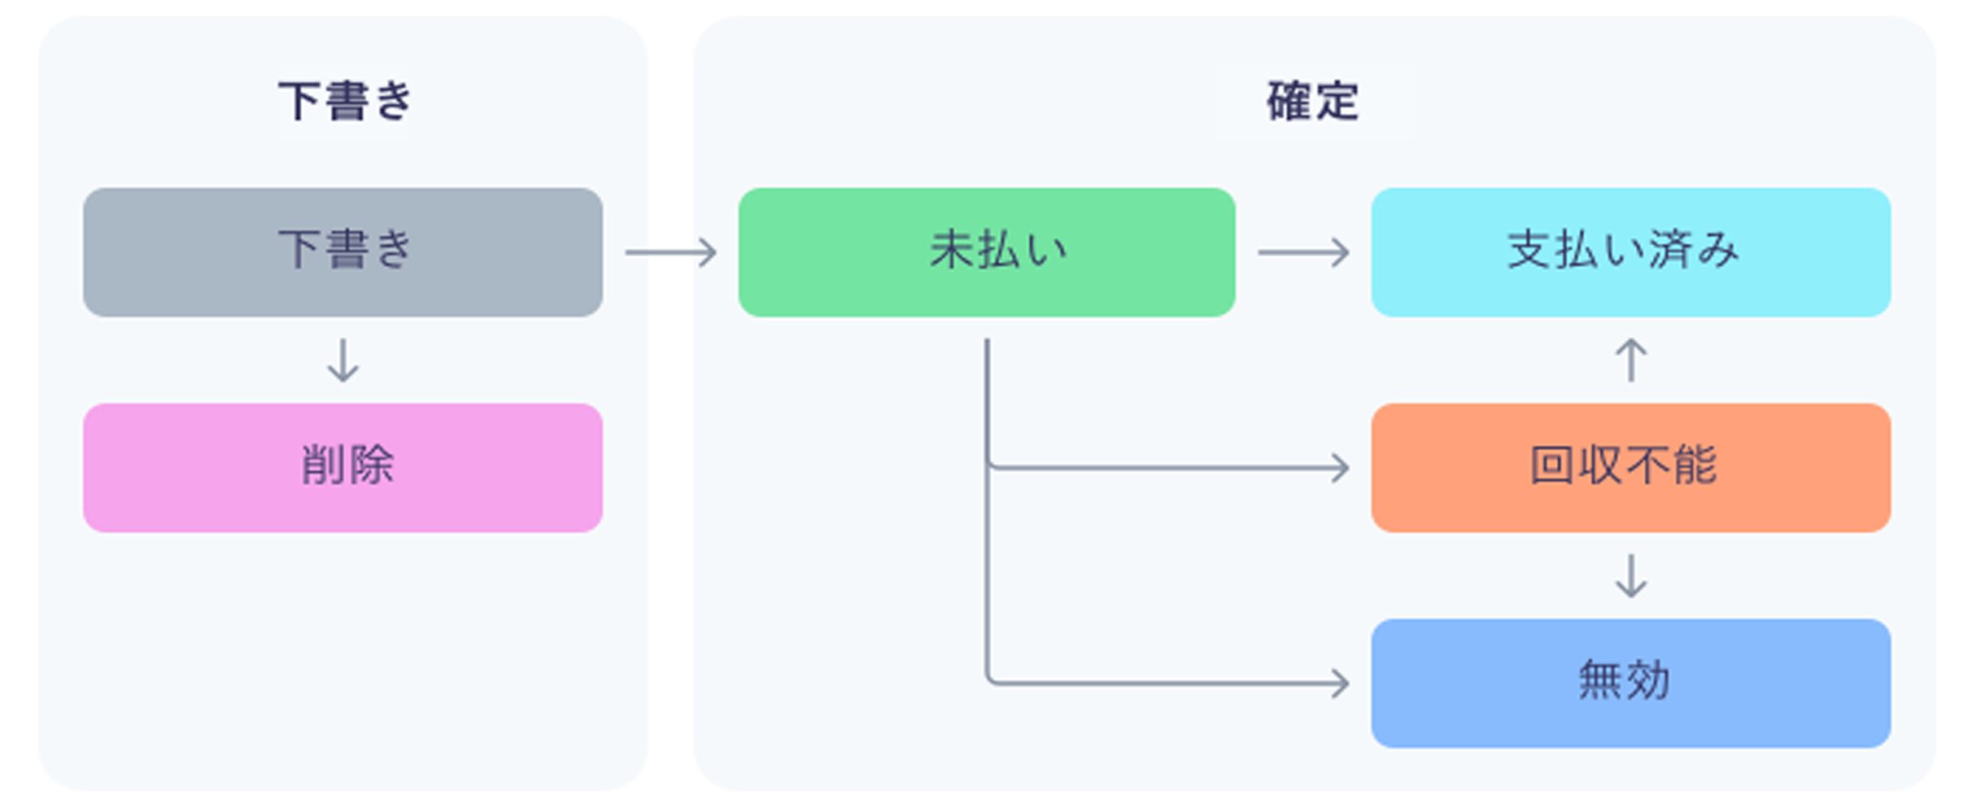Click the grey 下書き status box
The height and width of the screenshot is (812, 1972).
(342, 252)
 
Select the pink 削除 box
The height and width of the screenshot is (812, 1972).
(342, 468)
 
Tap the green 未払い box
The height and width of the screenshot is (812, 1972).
(986, 252)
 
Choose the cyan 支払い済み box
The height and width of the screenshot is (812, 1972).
(1630, 252)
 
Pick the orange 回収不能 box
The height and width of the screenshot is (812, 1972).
(1630, 468)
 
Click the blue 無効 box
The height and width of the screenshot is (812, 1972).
(1630, 683)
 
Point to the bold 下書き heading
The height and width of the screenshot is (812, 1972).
(346, 102)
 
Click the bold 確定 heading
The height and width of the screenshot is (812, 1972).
(1312, 102)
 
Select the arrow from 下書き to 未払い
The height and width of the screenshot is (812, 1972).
(670, 252)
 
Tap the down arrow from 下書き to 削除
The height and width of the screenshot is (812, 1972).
(342, 360)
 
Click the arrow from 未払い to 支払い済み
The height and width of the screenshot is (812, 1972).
(1303, 252)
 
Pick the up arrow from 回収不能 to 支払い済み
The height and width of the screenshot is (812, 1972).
(1630, 360)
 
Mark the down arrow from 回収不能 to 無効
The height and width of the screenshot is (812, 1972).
(1630, 576)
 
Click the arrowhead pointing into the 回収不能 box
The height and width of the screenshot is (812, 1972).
(1341, 468)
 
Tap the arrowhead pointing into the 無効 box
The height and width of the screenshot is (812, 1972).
(1341, 683)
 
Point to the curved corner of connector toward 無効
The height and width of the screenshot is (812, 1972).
(990, 679)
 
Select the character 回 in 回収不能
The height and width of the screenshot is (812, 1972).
(1552, 465)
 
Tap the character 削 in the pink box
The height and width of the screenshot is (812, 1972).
(323, 465)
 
